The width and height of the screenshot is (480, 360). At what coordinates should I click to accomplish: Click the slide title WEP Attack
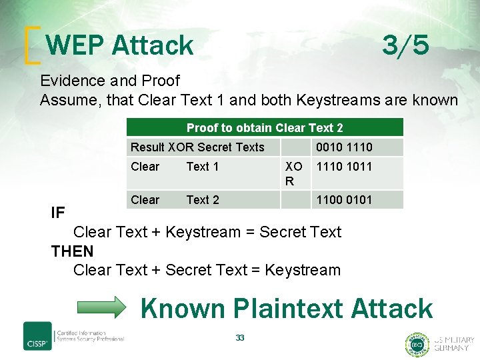[x=120, y=45]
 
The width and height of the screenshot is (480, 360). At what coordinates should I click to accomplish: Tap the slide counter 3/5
[x=405, y=45]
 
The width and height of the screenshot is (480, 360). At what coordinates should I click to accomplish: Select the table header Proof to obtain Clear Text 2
[x=265, y=128]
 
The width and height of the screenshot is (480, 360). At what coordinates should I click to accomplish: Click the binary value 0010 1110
[x=344, y=147]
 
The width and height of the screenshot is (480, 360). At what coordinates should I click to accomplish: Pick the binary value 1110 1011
[x=344, y=167]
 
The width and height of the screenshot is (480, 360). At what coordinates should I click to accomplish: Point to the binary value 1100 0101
[x=344, y=200]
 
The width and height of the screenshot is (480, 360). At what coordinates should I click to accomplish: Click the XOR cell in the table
[x=293, y=173]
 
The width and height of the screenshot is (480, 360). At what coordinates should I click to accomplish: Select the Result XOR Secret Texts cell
[x=197, y=147]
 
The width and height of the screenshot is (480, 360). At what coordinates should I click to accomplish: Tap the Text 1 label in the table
[x=202, y=167]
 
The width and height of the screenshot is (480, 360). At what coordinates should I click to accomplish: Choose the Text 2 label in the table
[x=202, y=200]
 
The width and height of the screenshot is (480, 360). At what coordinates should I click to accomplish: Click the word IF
[x=58, y=213]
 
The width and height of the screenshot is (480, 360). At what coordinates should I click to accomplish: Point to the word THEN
[x=73, y=251]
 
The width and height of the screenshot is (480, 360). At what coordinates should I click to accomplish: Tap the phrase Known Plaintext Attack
[x=287, y=309]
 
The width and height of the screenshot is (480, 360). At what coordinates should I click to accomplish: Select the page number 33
[x=240, y=338]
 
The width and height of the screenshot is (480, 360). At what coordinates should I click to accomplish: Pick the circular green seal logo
[x=417, y=344]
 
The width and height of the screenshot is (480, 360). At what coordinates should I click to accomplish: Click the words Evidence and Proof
[x=110, y=81]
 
